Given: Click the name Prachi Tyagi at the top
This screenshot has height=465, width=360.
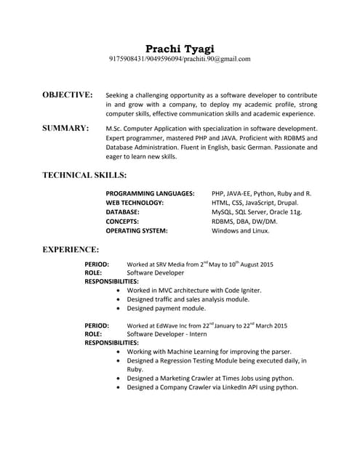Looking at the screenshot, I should point(180,48).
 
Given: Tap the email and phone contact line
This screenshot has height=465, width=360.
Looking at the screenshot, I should point(180,59).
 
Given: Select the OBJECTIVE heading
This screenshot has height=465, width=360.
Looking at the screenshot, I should point(68,95).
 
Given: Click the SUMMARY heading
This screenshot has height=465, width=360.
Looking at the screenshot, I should point(65,128).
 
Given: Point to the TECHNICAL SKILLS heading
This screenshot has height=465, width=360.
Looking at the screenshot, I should point(84,175).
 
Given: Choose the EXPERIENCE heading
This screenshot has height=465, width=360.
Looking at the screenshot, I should point(71,249).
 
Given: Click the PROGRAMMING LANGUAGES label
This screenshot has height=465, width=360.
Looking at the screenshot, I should point(150,194).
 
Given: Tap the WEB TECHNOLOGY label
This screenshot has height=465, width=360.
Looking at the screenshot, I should point(135,203).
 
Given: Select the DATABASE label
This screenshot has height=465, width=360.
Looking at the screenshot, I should point(123,212).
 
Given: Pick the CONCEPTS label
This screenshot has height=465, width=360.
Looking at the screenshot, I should point(122,222).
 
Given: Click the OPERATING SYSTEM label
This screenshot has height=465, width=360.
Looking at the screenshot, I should point(137,231).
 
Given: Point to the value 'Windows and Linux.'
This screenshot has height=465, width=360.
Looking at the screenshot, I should point(240,231).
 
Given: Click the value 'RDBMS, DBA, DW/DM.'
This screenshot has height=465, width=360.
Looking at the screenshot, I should point(244,222).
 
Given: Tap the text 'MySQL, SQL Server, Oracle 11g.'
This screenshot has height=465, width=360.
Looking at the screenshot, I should point(256,212).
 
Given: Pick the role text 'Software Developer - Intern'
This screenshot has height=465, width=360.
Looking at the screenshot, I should point(167,334).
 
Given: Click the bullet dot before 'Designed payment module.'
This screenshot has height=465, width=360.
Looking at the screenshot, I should point(119,308).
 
